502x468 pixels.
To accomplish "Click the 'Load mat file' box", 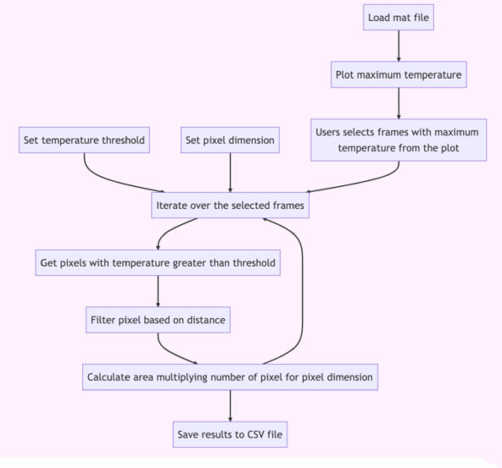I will click(398, 17).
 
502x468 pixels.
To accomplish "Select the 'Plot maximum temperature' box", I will click(398, 74).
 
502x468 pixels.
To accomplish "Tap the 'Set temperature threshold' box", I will click(84, 140).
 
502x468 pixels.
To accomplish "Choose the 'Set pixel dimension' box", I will click(230, 140).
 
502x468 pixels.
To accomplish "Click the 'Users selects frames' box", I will click(398, 140).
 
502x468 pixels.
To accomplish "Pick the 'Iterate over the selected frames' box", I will click(230, 205).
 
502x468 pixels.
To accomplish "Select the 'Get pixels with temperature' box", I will click(158, 263).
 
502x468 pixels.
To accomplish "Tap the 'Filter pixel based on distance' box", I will click(158, 320).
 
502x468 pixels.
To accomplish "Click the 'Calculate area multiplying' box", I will click(230, 377).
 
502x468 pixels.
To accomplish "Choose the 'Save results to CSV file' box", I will click(230, 434).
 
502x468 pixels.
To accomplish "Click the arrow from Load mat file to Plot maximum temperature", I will click(398, 46).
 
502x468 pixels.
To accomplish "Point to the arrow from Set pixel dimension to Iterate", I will click(230, 172).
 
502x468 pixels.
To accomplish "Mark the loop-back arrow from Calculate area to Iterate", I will click(302, 291).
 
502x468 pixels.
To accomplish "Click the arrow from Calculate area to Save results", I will click(230, 406).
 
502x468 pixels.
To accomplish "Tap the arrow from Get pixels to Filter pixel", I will click(158, 291).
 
